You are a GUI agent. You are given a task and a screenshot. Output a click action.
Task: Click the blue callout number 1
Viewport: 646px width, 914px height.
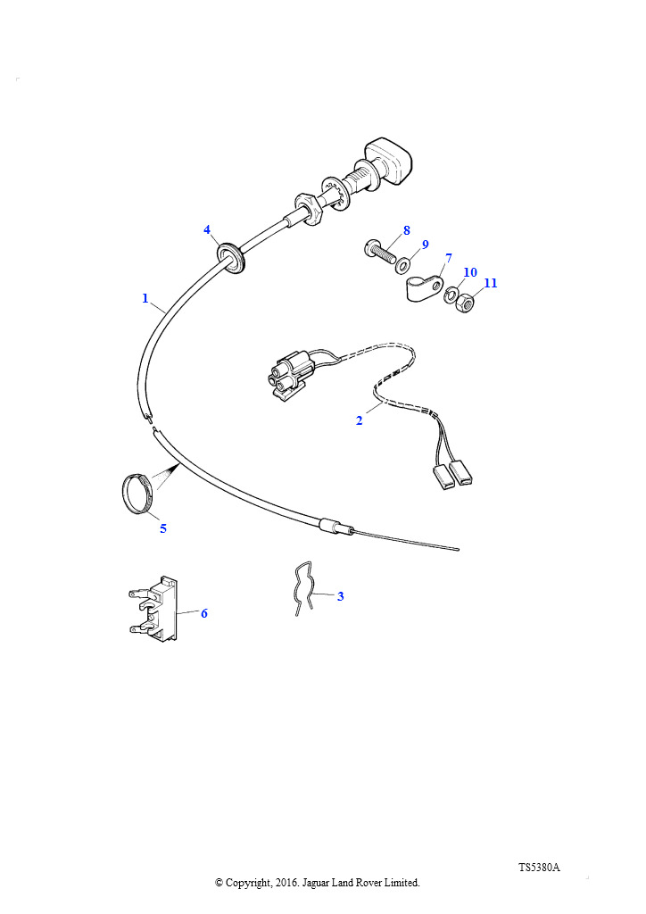click(x=145, y=298)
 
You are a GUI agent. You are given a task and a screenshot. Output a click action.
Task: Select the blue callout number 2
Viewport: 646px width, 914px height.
click(x=359, y=420)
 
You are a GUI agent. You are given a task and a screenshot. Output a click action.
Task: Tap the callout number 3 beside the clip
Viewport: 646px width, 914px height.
click(x=340, y=596)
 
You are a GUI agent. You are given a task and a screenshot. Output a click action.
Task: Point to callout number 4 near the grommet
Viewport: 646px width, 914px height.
click(x=207, y=229)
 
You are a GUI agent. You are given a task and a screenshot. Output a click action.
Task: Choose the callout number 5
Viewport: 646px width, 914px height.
click(x=163, y=528)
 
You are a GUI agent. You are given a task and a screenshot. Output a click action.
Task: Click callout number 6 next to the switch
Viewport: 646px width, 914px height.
click(x=203, y=613)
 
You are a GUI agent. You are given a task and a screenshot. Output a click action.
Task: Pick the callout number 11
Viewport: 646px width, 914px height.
click(x=491, y=283)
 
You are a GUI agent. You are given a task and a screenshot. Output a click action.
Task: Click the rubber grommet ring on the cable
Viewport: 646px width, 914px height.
click(x=231, y=257)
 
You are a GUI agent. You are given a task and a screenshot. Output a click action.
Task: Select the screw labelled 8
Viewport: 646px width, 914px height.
click(x=380, y=253)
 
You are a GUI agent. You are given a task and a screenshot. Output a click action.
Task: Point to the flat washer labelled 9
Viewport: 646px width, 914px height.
click(x=402, y=267)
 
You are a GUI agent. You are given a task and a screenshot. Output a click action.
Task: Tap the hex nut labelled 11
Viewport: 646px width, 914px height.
click(x=465, y=303)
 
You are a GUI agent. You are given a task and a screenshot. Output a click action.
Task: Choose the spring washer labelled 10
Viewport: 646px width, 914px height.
click(x=451, y=295)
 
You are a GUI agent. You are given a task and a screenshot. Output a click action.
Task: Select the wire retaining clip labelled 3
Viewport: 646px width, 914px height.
click(x=305, y=588)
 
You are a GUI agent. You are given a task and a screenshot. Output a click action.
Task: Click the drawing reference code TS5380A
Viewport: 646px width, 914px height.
click(x=539, y=868)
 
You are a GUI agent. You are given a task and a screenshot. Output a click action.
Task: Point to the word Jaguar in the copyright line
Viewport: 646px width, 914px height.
click(x=315, y=883)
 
